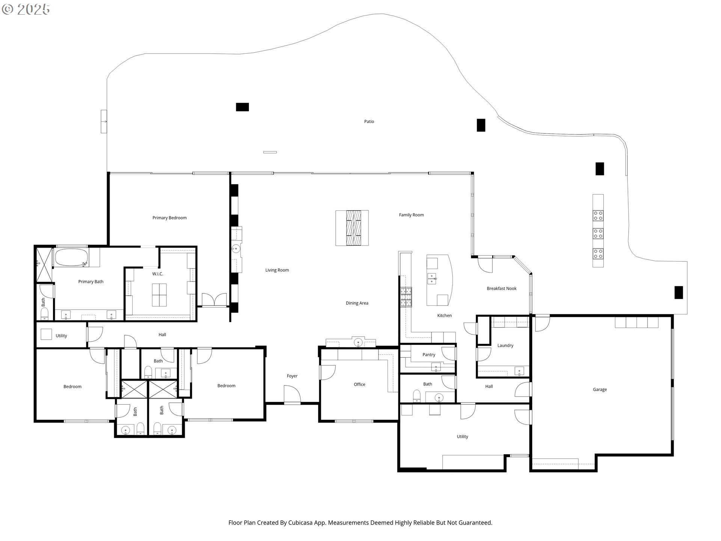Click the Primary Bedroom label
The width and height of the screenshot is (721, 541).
click(x=169, y=218)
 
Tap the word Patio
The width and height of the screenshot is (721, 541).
click(x=369, y=121)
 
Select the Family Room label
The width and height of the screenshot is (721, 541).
click(x=411, y=215)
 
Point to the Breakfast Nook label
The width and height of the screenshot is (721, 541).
click(x=502, y=289)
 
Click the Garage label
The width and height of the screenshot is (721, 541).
click(x=600, y=390)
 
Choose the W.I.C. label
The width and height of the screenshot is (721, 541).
click(x=158, y=274)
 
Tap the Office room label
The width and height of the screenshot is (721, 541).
click(x=359, y=384)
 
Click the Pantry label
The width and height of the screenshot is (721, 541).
click(x=429, y=355)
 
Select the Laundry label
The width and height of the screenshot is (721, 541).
click(x=505, y=346)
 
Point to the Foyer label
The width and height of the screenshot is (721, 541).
click(x=292, y=376)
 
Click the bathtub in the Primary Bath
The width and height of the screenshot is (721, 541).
click(x=72, y=258)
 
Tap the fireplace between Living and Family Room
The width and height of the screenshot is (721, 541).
click(x=352, y=228)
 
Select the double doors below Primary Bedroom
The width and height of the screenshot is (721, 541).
click(x=214, y=300)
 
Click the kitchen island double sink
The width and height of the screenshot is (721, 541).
click(x=432, y=278)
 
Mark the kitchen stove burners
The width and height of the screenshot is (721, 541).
click(x=406, y=297)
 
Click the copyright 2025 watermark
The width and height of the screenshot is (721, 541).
click(x=26, y=9)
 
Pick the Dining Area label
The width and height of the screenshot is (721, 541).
click(x=357, y=303)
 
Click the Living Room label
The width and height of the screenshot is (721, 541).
click(x=277, y=270)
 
